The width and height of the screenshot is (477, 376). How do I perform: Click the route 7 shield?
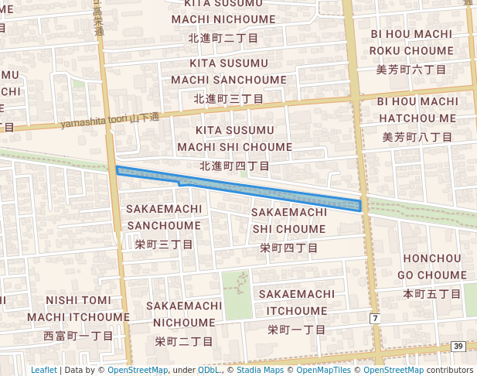pos(375,319)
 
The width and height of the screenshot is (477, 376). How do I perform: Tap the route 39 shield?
pos(458,347)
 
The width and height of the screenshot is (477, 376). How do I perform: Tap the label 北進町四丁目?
pos(234,166)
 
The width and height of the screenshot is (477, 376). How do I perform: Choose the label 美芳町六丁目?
pos(411,70)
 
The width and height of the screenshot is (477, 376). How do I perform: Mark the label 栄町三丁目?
pos(164,244)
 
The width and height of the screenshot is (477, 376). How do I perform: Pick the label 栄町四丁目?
pos(288,248)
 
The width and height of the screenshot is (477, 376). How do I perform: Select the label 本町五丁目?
pos(431,294)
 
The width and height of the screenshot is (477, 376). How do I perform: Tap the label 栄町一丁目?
pos(297,329)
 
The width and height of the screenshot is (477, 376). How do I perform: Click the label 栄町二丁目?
pos(184,340)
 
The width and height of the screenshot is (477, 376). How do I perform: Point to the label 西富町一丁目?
pos(78,336)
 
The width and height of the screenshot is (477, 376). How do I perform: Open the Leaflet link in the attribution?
pos(44,370)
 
